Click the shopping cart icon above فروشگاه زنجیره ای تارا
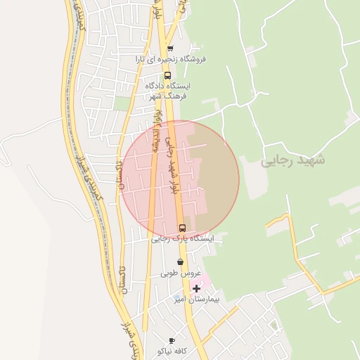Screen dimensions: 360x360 170,49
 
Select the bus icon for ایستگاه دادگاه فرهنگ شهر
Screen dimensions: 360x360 167,75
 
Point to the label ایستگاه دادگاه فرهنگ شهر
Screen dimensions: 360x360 167,91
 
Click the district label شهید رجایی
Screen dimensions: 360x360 294,160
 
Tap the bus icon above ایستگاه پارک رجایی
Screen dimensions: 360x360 183,228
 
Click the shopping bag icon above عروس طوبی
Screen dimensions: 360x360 181,262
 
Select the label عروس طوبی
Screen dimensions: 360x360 181,273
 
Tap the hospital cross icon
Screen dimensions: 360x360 196,288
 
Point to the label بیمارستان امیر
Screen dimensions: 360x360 198,300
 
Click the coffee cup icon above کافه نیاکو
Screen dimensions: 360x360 172,340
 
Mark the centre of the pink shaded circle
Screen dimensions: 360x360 180,180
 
